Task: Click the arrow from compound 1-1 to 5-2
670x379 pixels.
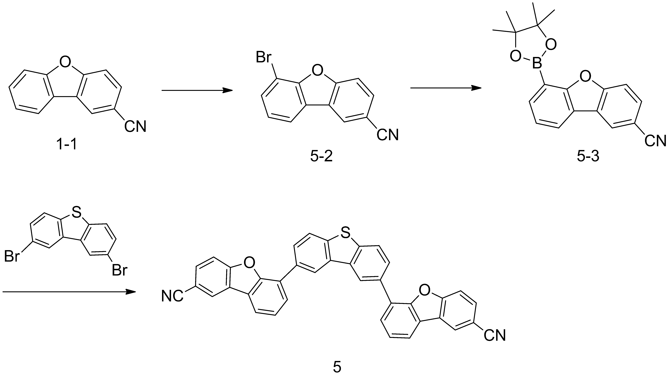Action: point(197,90)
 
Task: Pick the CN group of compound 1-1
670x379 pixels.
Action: point(135,126)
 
